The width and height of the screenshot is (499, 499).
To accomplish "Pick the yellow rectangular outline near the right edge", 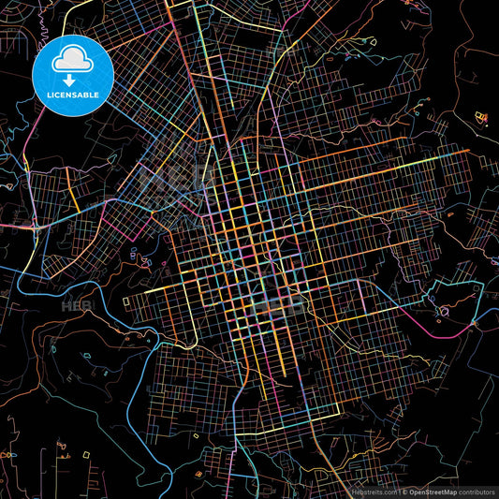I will coord(481,117).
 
